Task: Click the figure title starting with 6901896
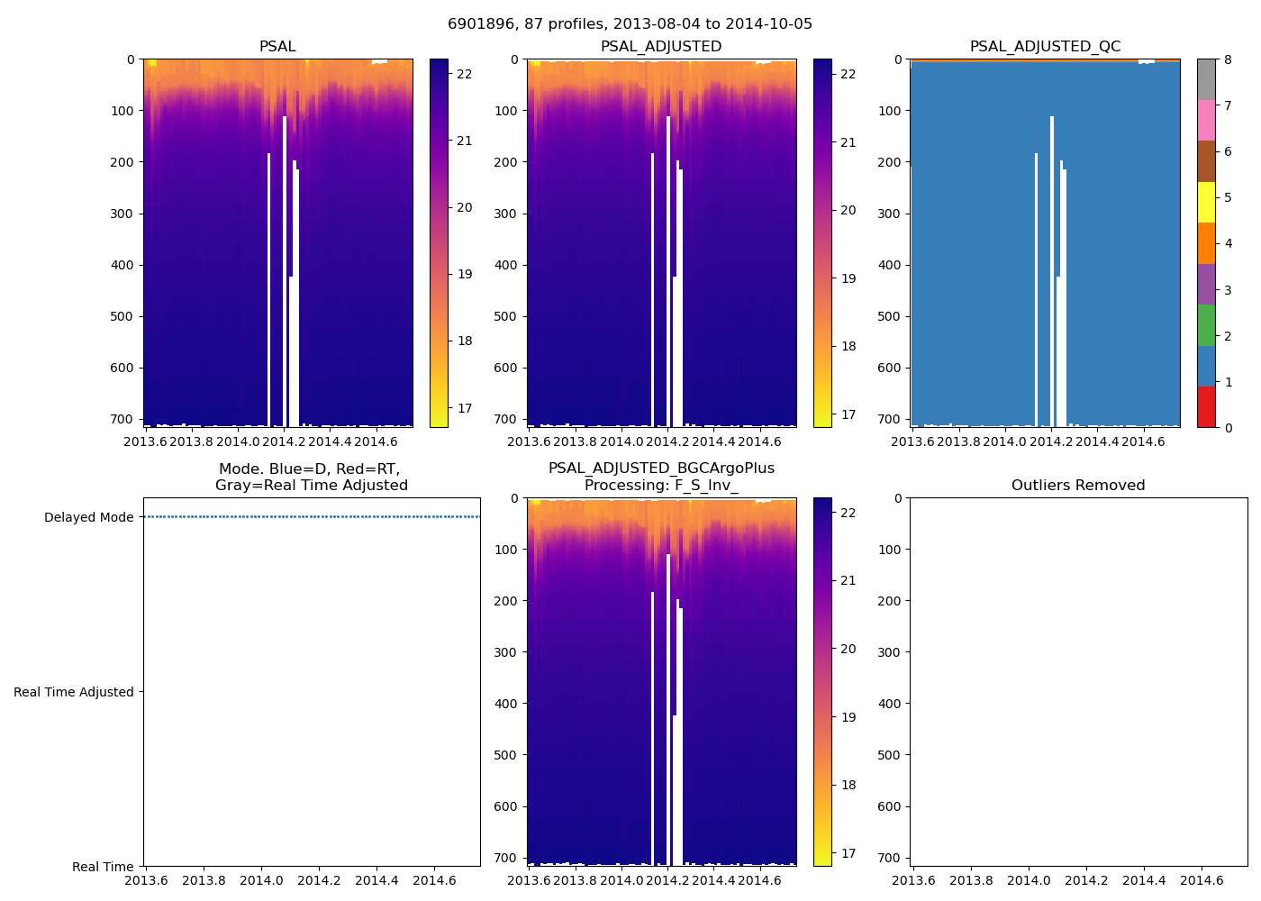pos(630,24)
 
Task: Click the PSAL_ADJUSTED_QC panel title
pos(1045,47)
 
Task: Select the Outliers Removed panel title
pos(1078,486)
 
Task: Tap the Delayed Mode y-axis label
pos(88,517)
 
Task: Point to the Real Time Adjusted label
pos(74,692)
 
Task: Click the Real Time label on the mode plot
pos(103,867)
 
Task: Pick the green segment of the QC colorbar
pos(1206,325)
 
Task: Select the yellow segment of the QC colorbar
pos(1206,202)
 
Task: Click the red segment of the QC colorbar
pos(1206,407)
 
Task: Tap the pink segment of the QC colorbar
pos(1206,120)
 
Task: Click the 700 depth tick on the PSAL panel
pos(123,419)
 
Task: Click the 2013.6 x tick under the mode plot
pos(146,880)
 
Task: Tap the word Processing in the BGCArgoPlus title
pos(619,486)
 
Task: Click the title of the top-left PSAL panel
pos(277,47)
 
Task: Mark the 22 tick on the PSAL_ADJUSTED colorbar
pos(848,74)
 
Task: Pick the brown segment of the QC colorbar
pos(1206,161)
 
